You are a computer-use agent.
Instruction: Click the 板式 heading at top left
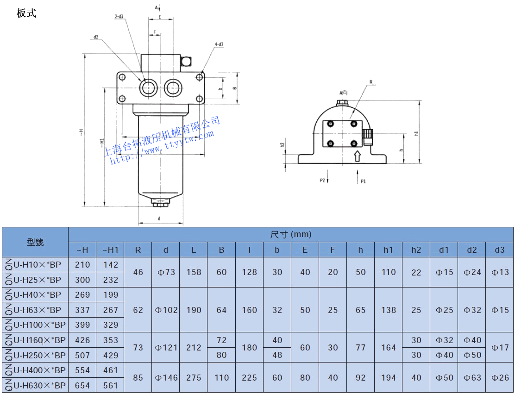pyautogui.click(x=26, y=13)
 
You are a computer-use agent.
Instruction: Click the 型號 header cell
pyautogui.click(x=35, y=242)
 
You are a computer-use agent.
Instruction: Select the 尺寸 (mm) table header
pyautogui.click(x=291, y=234)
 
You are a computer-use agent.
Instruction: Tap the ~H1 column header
pyautogui.click(x=110, y=250)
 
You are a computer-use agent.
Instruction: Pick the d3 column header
pyautogui.click(x=499, y=250)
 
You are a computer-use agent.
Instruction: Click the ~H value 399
pyautogui.click(x=82, y=325)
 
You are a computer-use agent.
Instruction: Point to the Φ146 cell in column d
pyautogui.click(x=166, y=378)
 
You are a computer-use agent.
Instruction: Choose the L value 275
pyautogui.click(x=194, y=378)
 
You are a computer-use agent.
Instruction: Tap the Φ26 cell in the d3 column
pyautogui.click(x=499, y=378)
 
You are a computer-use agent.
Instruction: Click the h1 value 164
pyautogui.click(x=388, y=348)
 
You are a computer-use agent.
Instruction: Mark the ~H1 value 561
pyautogui.click(x=110, y=385)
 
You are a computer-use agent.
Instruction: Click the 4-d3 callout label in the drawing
pyautogui.click(x=219, y=44)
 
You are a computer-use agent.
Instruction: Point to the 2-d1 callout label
pyautogui.click(x=119, y=17)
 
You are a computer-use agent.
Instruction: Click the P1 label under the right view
pyautogui.click(x=363, y=181)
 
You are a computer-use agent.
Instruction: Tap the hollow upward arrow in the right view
pyautogui.click(x=357, y=156)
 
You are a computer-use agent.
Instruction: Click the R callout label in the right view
pyautogui.click(x=371, y=82)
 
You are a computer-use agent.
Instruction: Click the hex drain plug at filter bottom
pyautogui.click(x=161, y=202)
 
